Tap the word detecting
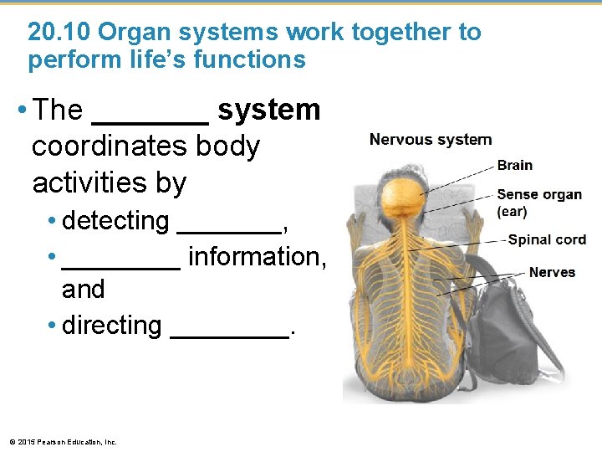tap(115, 221)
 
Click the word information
tap(257, 256)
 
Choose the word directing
tap(111, 325)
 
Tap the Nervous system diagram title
tap(431, 140)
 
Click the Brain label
tap(514, 165)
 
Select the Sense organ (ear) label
tap(539, 203)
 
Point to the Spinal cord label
tap(547, 239)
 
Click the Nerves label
tap(552, 273)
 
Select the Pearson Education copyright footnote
tap(63, 441)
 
